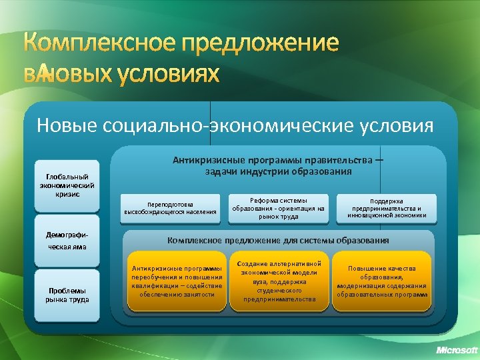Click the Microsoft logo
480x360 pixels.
(457, 350)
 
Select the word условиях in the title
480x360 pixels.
(169, 76)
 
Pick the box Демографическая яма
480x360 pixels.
(67, 241)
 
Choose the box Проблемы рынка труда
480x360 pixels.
(67, 295)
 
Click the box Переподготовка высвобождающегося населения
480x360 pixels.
(170, 208)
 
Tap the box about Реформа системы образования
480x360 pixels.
(279, 208)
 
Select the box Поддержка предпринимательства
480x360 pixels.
(387, 208)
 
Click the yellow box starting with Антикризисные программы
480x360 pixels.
(177, 281)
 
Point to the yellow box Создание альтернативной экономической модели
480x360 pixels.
(279, 281)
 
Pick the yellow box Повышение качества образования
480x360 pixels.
(382, 281)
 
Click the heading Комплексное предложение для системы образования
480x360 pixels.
(278, 240)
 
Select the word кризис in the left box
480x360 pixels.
(67, 194)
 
